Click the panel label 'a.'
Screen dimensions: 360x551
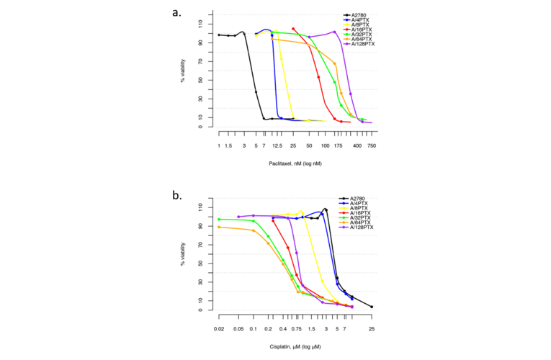pyautogui.click(x=176, y=12)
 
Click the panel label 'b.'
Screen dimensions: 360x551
pyautogui.click(x=176, y=195)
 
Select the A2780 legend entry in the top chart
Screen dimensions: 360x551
pyautogui.click(x=358, y=14)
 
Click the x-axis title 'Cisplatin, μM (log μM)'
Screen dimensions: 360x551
pyautogui.click(x=295, y=346)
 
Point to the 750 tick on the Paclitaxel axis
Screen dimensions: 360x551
pyautogui.click(x=372, y=145)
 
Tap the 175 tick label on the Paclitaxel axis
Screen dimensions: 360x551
pyautogui.click(x=338, y=145)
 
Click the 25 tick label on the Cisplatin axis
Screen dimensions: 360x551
pyautogui.click(x=372, y=329)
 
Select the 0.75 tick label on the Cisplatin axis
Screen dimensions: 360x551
pyautogui.click(x=297, y=329)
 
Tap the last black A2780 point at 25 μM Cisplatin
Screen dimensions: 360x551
pyautogui.click(x=372, y=307)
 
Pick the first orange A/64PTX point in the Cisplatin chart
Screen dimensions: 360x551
pyautogui.click(x=218, y=227)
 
